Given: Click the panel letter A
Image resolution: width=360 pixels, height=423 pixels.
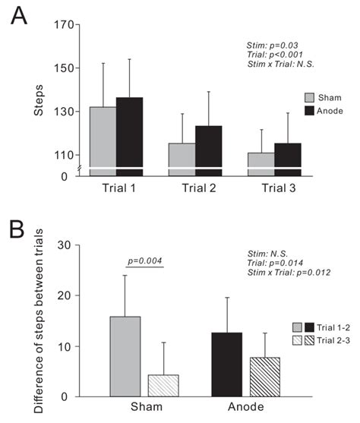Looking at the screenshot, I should click(18, 15).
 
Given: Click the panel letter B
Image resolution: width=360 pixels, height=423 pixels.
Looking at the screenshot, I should click(17, 229).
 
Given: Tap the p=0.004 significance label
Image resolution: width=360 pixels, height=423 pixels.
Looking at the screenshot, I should click(144, 260).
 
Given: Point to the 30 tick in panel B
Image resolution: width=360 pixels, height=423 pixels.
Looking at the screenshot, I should click(64, 245).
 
